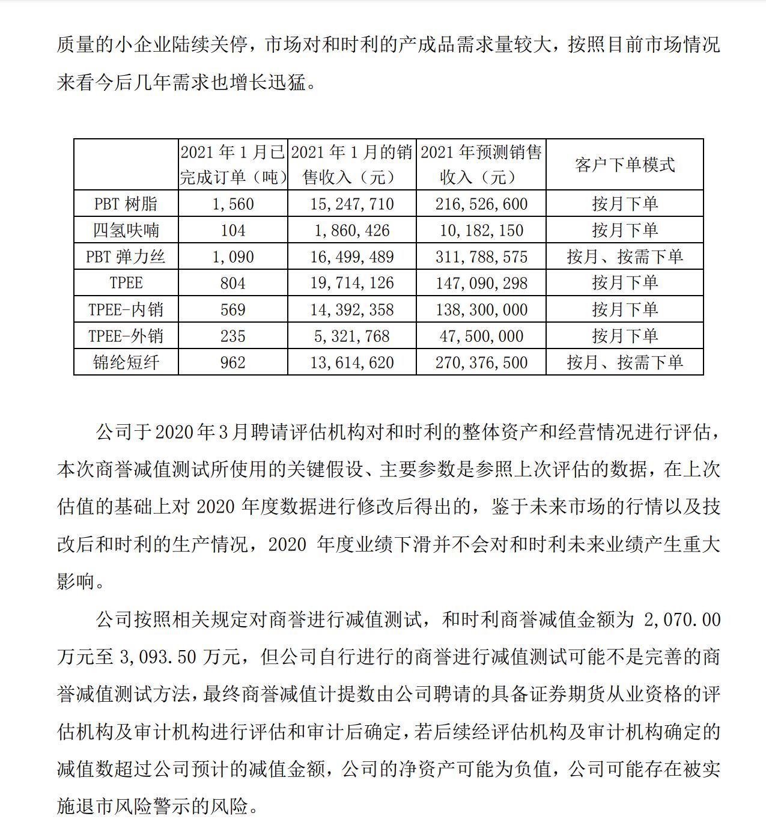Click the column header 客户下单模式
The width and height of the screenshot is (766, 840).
coord(625,165)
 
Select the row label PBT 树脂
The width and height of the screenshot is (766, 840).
coord(126,204)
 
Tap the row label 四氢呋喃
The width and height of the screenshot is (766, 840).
coord(126,230)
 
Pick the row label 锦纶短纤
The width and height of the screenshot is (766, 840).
coord(126,362)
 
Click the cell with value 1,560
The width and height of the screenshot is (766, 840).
coord(233,204)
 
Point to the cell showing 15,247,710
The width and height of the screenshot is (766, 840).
coord(352,204)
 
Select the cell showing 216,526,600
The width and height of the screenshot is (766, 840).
coord(481,204)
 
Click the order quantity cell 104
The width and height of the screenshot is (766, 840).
coord(233,230)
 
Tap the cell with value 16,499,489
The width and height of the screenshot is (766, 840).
coord(352,257)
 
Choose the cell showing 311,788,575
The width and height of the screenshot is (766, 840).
coord(481,257)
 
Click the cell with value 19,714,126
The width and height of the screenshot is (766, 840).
coord(352,283)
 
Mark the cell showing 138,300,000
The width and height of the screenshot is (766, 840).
coord(481,309)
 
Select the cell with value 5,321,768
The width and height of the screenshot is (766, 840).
coord(352,336)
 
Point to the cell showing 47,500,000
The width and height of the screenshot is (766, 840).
coord(481,336)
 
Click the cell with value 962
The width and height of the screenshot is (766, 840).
coord(233,362)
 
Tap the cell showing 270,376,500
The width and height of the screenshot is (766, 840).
coord(481,362)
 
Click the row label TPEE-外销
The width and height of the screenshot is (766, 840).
coord(126,336)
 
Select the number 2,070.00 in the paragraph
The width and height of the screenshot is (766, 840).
coord(682,619)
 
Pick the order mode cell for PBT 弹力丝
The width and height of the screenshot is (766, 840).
coord(625,257)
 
